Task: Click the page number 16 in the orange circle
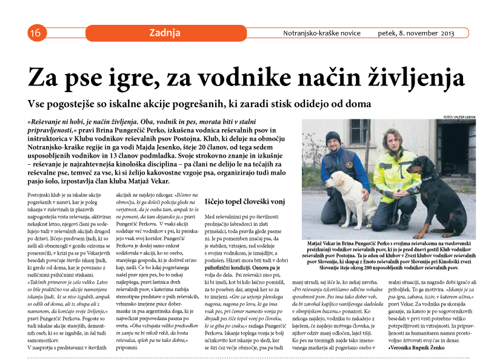coord(34,33)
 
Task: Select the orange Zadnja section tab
coord(165,33)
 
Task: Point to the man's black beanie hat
coord(333,136)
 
